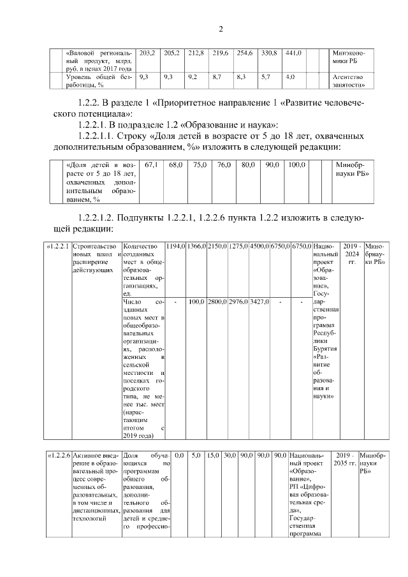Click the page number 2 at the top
coord(220,29)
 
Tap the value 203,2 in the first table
coord(147,52)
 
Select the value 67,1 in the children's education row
coord(152,165)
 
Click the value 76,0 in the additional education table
coord(223,165)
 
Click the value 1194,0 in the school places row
coord(175,246)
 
